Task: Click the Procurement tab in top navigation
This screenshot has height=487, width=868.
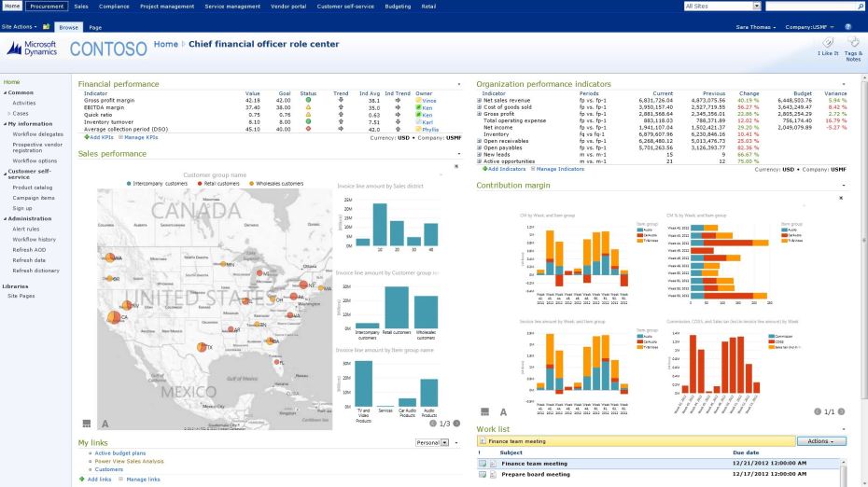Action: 46,6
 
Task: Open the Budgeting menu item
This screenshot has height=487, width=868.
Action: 398,6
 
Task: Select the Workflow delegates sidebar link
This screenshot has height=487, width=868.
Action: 37,133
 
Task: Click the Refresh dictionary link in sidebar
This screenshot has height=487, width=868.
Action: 35,271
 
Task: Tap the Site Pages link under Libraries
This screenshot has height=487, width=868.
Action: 21,296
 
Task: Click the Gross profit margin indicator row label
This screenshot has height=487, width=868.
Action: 109,100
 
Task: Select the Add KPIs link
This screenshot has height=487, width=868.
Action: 100,137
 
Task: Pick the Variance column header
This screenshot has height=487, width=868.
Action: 835,93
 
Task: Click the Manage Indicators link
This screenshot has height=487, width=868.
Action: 559,169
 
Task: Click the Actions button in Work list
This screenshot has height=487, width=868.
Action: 821,441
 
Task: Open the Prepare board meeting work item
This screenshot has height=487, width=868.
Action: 535,474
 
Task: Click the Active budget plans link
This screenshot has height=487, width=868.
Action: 119,452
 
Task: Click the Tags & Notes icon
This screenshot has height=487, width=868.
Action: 853,48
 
